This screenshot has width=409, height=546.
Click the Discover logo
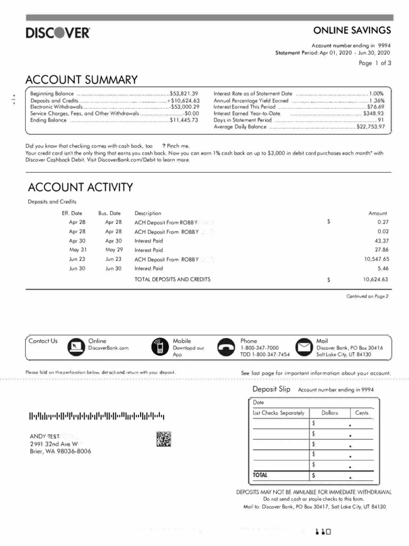click(58, 33)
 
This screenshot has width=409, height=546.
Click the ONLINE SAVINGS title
click(352, 30)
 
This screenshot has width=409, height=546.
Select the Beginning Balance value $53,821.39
click(184, 93)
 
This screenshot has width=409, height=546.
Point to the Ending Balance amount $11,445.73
click(184, 120)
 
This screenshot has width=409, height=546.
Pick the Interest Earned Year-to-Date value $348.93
click(373, 114)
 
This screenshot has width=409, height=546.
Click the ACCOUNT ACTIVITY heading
click(80, 187)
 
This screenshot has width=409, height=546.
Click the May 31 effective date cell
click(77, 250)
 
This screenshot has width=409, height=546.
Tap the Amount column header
click(378, 213)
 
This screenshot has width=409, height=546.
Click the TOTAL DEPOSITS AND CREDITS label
click(172, 279)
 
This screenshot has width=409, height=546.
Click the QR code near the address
click(164, 439)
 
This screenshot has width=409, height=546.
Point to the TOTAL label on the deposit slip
click(261, 474)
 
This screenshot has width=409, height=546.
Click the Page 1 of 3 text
click(375, 63)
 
